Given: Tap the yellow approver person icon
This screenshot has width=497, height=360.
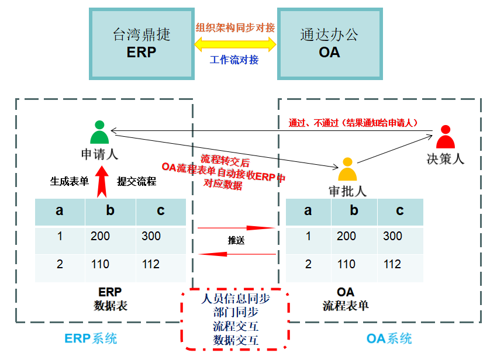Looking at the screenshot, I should [x=348, y=169].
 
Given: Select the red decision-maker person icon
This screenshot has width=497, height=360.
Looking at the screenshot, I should [x=446, y=137].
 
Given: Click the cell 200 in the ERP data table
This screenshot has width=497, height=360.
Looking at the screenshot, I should [x=101, y=236].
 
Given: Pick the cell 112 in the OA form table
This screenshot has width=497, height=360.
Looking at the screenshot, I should [x=392, y=264].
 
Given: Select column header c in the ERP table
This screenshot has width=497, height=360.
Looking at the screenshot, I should [x=161, y=212].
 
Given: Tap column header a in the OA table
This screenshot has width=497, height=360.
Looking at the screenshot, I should [x=308, y=212].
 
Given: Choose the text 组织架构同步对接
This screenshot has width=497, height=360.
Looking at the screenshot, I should [x=235, y=27].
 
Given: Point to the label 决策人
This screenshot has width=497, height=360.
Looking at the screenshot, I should [x=446, y=158].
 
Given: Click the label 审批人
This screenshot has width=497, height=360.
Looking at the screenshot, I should [x=347, y=191].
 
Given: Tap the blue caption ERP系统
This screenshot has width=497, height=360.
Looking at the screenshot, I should [x=91, y=338].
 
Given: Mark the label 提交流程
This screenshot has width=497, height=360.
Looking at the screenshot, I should [x=137, y=181].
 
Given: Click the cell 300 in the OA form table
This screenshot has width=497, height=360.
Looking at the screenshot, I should [x=393, y=236].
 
